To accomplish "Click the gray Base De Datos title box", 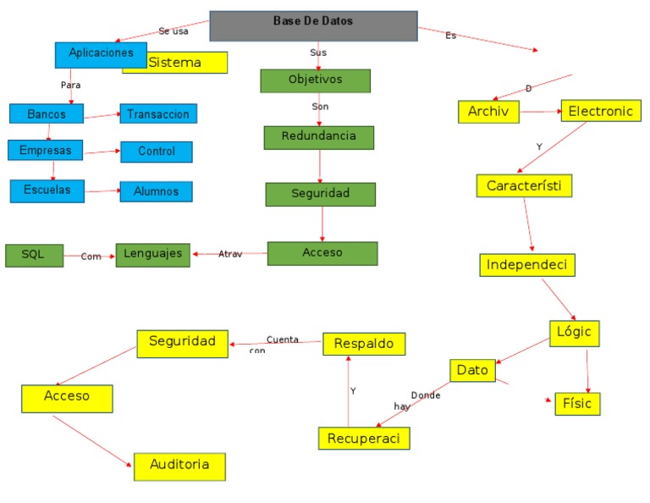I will coord(313,25).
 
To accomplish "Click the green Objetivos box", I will coord(315,80).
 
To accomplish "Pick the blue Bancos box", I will coord(47,113).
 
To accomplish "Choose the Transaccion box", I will coord(158,113).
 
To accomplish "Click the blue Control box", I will coord(156,152).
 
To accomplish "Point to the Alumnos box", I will coord(156,191).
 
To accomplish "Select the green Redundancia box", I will coord(318,137).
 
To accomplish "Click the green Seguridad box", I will coord(320,194).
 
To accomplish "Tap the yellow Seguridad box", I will coord(182,343).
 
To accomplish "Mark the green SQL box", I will coord(34,255).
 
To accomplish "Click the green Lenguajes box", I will coord(152,254).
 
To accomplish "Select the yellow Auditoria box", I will coord(179,466).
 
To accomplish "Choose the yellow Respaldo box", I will coord(364,344).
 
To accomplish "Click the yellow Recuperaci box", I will coord(364,438).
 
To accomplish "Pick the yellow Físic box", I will coord(577,404).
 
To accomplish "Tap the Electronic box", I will coord(600,111).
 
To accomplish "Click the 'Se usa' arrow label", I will coord(173,31).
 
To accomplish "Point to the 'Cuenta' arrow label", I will coord(282,340).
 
